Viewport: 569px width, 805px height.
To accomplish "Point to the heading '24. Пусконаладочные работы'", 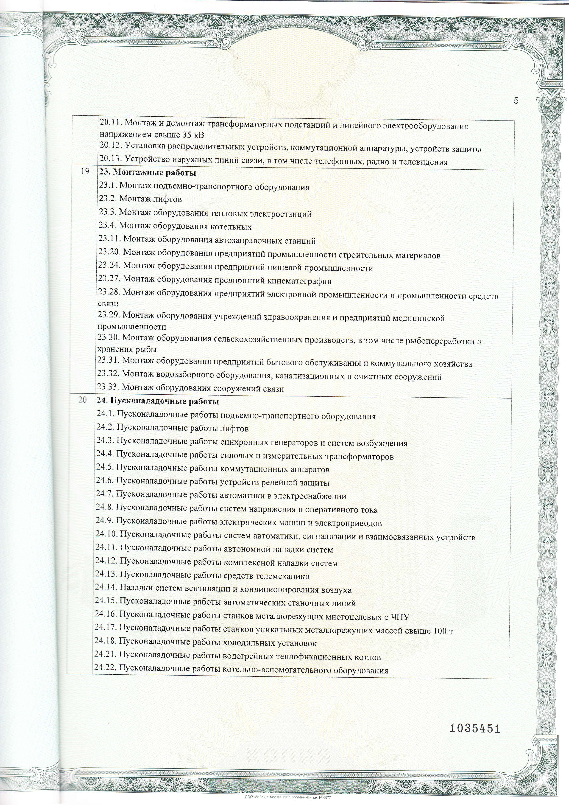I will (158, 401).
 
